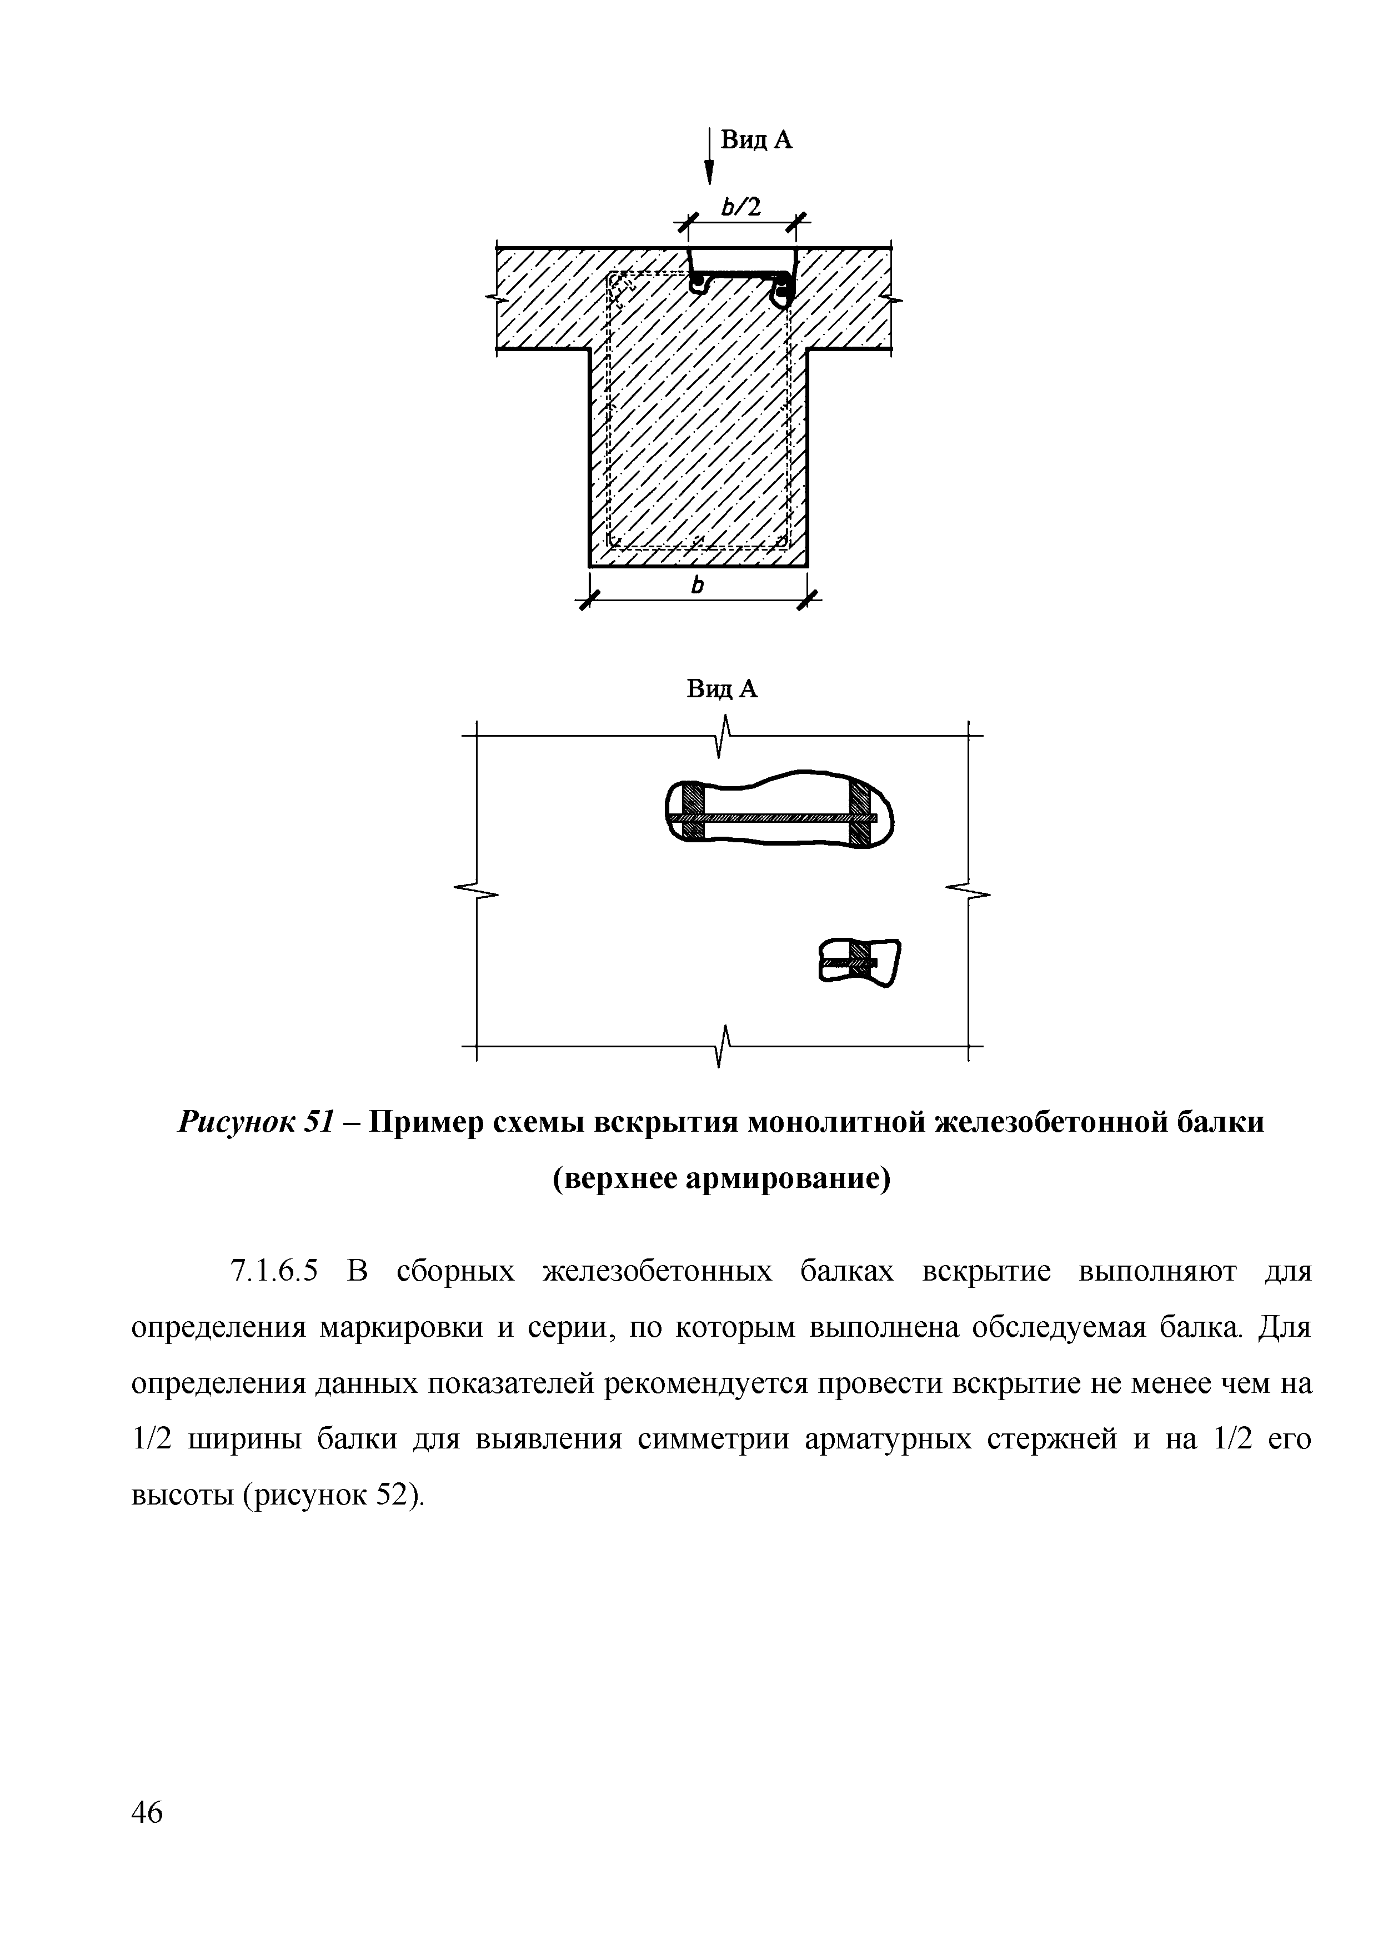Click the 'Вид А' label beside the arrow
(x=756, y=140)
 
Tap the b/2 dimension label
(x=741, y=206)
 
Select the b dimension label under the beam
(x=698, y=585)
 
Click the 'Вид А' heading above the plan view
(x=721, y=689)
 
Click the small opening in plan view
(x=859, y=962)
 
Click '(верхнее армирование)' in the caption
(x=721, y=1180)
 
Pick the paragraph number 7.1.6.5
(x=273, y=1272)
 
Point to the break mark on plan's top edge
(x=724, y=735)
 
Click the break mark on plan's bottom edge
(x=724, y=1046)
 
